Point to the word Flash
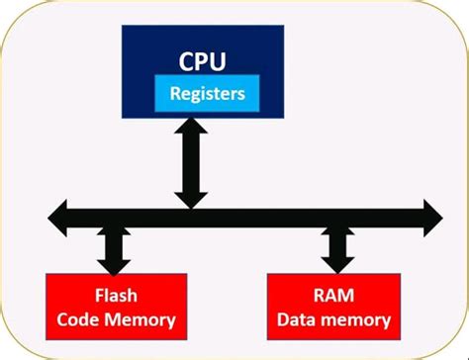tap(116, 296)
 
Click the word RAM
tap(334, 296)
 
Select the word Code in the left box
tap(79, 319)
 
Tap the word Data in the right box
tap(301, 319)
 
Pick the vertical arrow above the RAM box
tap(336, 245)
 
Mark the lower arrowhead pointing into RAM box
tap(336, 262)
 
